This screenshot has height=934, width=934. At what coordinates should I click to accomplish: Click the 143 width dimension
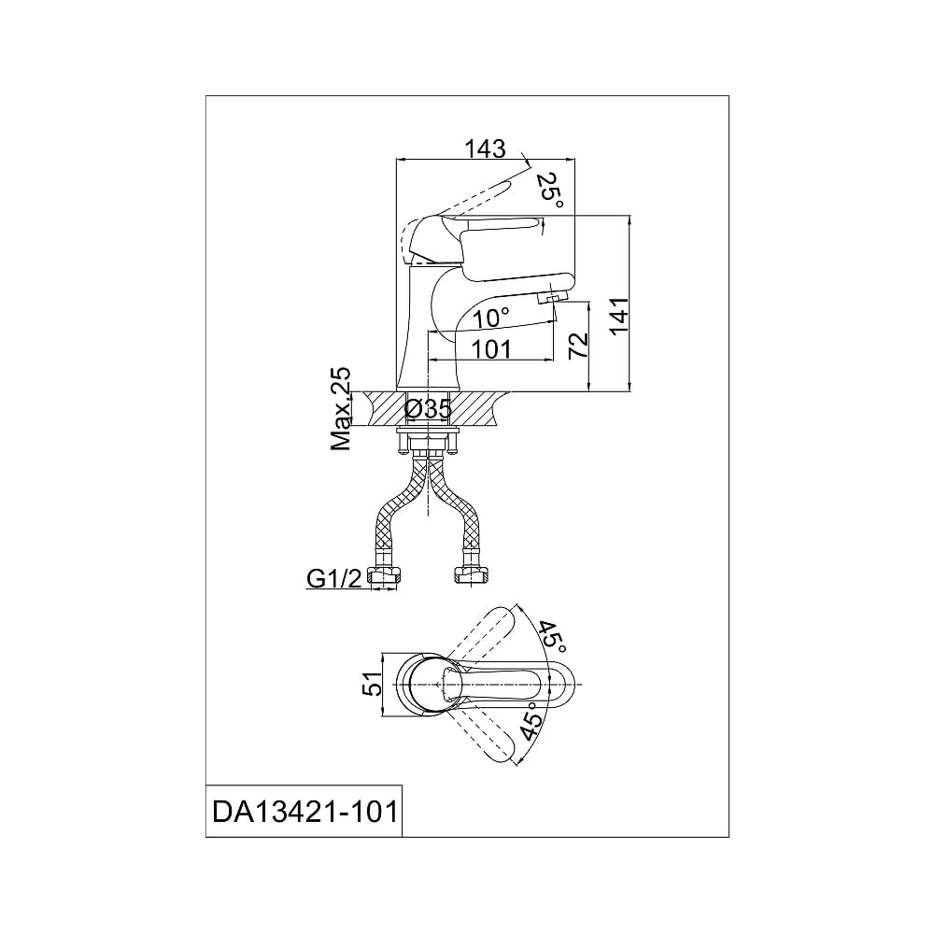coord(485,149)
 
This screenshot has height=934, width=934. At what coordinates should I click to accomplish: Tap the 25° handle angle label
coord(549,190)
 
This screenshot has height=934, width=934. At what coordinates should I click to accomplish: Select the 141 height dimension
coord(619,316)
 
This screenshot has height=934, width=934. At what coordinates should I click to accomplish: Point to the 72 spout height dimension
coord(578,345)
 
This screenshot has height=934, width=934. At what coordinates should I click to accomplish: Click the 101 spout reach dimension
coord(491,349)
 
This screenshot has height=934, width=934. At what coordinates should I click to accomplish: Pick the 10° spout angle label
coord(491,318)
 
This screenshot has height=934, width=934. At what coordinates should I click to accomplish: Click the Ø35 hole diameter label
coord(429,409)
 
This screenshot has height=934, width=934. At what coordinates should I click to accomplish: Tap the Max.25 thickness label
coord(340,409)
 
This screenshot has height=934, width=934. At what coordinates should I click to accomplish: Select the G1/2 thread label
coord(334,578)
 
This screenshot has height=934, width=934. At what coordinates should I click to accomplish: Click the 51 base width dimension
coord(374,684)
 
